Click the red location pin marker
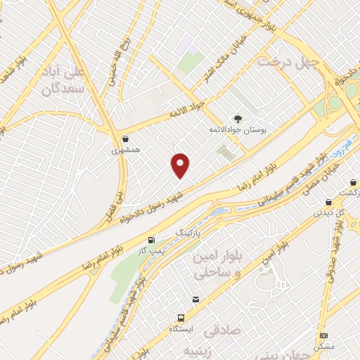coord(181,166)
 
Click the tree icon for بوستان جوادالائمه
coord(236,119)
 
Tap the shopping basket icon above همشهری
coord(125,139)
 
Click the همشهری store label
coord(125,150)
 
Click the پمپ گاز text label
coord(151,250)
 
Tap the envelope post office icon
coord(195,300)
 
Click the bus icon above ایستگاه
coord(181,318)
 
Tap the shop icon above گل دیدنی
coord(328,202)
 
